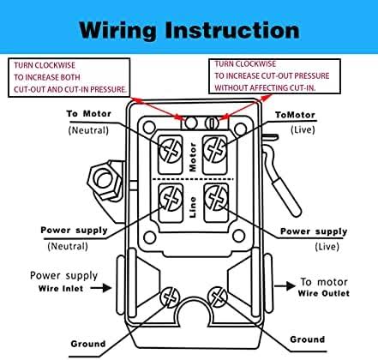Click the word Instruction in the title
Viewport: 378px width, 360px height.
pos(235,30)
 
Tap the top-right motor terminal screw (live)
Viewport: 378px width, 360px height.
pos(215,147)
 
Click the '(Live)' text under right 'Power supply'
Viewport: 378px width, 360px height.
pos(303,245)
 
